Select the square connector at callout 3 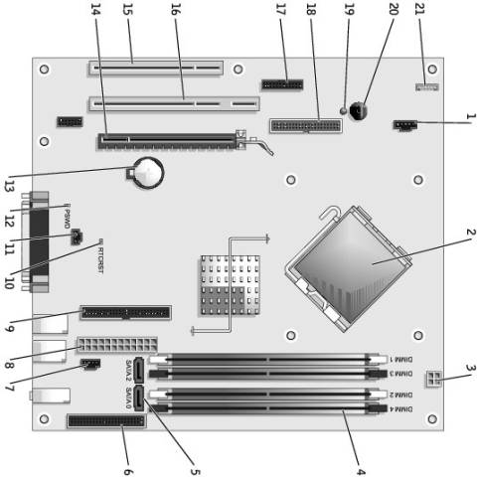pyautogui.click(x=432, y=379)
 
